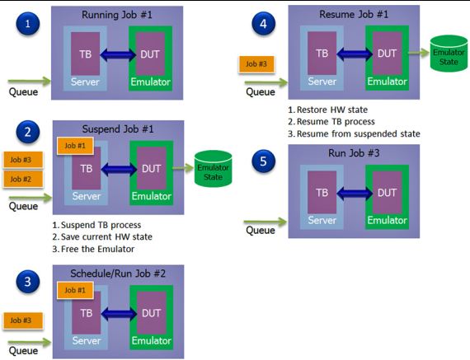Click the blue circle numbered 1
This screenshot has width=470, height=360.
pos(27,23)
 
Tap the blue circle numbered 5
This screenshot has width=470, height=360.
pos(263,161)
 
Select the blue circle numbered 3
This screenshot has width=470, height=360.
pos(27,282)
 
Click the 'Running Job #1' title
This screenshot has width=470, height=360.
pos(117,15)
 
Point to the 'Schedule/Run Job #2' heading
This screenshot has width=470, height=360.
pos(118,274)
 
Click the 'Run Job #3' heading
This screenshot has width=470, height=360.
pos(354,153)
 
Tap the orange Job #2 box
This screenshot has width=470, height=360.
pos(23,179)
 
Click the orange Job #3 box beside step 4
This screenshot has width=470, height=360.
pos(256,64)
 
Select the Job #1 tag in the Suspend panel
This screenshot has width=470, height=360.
pos(75,146)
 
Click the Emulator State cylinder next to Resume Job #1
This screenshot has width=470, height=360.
pos(449,54)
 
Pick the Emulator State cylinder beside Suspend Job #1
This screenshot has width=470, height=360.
pos(213,169)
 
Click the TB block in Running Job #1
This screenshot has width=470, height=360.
pos(86,54)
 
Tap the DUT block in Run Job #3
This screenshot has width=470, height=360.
pos(387,192)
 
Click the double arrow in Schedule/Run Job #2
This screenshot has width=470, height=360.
pos(119,314)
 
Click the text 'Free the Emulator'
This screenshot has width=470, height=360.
pos(97,249)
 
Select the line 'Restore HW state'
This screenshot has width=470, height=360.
pos(332,110)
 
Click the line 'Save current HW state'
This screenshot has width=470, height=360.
pos(106,237)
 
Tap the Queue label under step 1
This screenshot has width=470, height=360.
pos(23,92)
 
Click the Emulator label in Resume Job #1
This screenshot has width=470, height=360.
pos(387,82)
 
